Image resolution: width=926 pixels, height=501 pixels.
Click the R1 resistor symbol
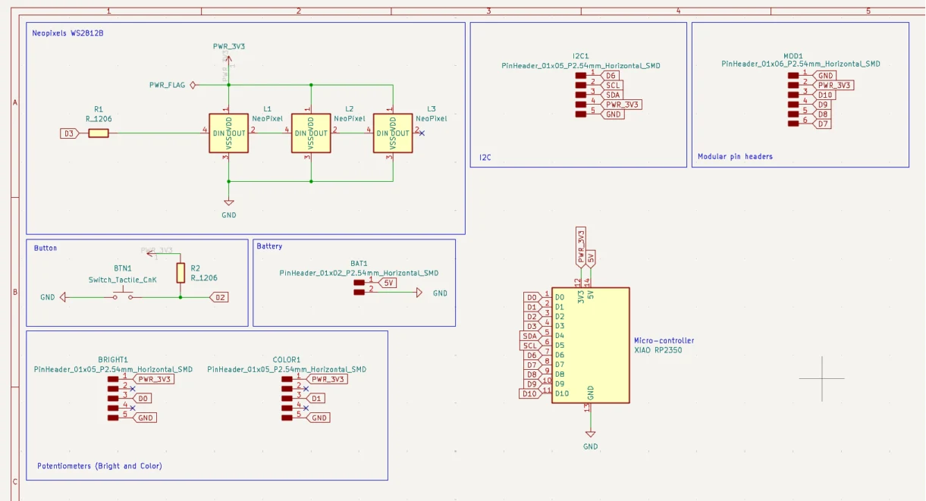pos(99,133)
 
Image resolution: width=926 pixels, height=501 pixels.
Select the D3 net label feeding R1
pos(68,133)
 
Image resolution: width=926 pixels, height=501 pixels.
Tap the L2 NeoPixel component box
pos(311,133)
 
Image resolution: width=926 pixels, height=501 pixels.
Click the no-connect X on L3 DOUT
pos(422,133)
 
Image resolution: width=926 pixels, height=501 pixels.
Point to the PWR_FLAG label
pos(167,85)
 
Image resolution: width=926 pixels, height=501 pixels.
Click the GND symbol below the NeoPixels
pos(229,203)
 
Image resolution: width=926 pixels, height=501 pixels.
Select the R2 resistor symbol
pos(180,273)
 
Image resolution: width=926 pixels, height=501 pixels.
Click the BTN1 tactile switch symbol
pos(123,296)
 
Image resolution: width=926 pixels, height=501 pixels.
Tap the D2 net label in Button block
pos(219,297)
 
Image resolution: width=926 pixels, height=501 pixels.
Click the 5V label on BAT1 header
pos(388,283)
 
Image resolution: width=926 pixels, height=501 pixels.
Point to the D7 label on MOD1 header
pos(823,124)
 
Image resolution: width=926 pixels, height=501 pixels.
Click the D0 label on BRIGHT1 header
pos(143,398)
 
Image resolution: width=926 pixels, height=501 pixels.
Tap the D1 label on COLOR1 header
pos(317,398)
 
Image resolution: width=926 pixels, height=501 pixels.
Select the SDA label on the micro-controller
pos(530,336)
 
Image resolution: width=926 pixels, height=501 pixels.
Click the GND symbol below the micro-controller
pos(590,434)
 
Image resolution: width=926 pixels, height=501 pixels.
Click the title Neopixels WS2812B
pos(68,33)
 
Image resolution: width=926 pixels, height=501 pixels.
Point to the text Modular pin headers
pos(735,157)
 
